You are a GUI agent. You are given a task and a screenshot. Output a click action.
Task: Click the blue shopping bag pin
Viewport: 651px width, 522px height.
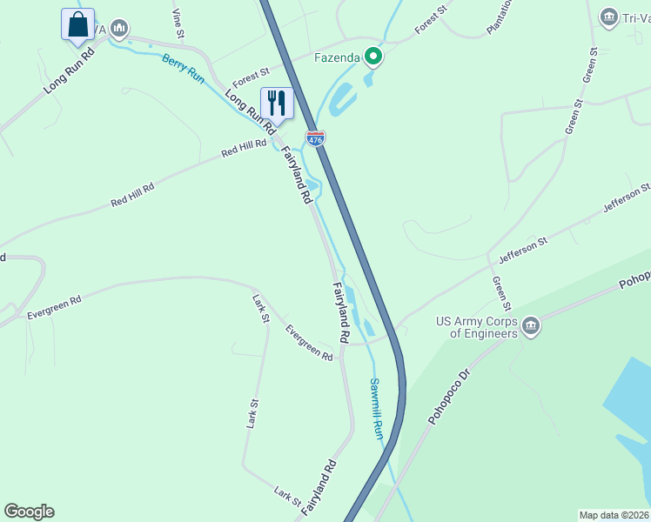(x=77, y=24)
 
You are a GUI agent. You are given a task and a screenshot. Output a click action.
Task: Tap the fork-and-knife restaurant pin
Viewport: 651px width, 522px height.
(x=277, y=103)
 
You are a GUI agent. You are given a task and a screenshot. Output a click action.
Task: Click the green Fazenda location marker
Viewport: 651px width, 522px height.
(x=373, y=57)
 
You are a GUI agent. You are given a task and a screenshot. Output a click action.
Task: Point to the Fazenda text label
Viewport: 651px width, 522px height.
(x=337, y=58)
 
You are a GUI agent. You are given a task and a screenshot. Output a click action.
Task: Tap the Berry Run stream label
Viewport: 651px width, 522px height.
(x=183, y=69)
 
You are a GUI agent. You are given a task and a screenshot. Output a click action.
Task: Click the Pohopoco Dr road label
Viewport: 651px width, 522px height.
(x=448, y=395)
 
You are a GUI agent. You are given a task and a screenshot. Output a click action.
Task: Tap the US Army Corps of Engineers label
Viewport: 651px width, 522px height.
(x=476, y=326)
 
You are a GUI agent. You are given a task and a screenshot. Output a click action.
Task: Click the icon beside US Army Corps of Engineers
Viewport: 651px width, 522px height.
(x=531, y=326)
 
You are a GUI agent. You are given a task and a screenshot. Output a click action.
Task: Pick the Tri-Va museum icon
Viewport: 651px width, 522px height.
(x=609, y=17)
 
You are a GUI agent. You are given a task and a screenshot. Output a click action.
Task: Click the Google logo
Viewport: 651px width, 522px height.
(x=29, y=512)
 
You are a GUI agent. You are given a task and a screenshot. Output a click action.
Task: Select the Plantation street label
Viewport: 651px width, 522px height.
(x=500, y=17)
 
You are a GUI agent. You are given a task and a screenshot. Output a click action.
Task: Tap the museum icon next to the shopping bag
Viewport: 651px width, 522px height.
(x=119, y=30)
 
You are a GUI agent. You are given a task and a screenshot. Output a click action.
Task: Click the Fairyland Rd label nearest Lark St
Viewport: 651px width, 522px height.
(x=319, y=490)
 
